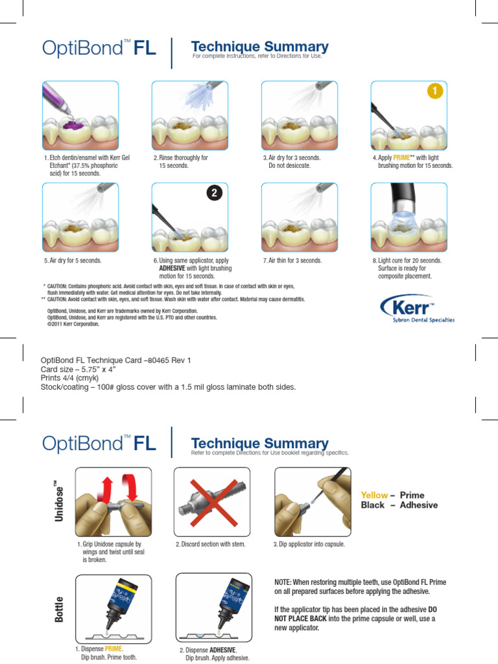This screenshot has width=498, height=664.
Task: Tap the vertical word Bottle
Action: coord(60,609)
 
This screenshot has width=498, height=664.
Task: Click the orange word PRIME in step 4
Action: coord(404,158)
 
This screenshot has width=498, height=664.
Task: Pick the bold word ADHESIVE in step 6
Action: coord(177,268)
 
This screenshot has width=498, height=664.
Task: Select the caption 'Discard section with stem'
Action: coord(211,545)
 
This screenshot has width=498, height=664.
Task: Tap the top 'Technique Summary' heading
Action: coord(260,47)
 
